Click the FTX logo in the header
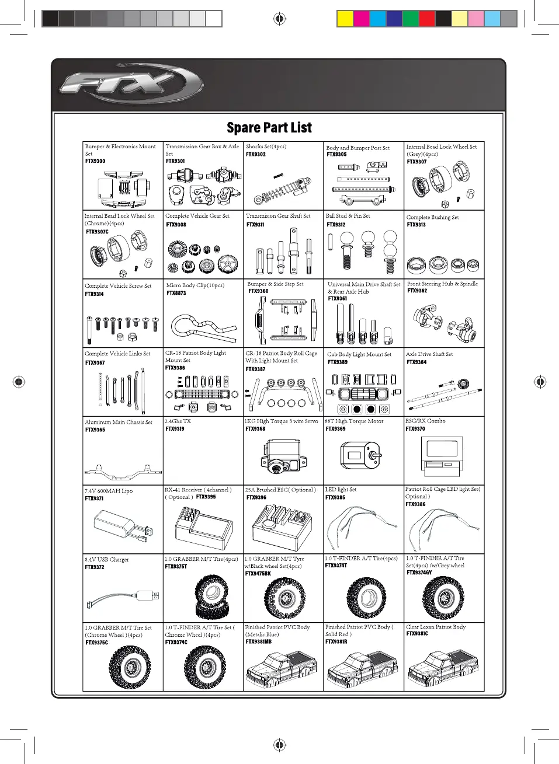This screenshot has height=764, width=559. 131,85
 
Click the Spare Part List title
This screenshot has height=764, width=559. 269,128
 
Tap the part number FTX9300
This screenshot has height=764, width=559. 95,161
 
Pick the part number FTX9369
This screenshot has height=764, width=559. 335,429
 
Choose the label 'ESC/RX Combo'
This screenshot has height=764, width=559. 425,421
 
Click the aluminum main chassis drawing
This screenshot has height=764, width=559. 123,469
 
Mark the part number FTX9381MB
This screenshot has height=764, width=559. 258,641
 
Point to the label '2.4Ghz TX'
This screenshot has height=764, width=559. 178,421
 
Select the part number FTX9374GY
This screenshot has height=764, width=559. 419,573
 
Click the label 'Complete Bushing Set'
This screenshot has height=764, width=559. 432,217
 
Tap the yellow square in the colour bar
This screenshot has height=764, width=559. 345,19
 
